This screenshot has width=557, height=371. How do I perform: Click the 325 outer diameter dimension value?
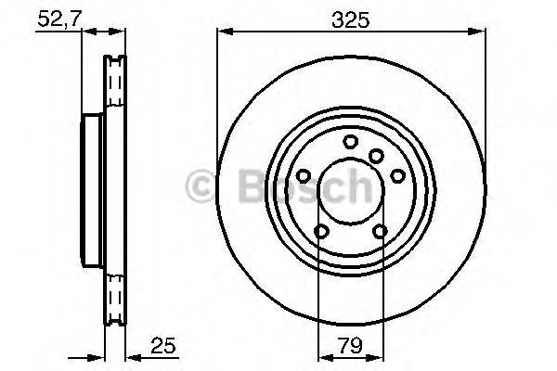(x=351, y=19)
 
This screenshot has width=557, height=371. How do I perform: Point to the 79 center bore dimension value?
(x=351, y=351)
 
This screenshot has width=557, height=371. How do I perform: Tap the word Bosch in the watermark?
(x=289, y=187)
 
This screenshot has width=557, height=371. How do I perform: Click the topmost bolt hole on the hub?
(x=350, y=142)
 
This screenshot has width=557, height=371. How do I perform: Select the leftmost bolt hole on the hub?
(x=304, y=176)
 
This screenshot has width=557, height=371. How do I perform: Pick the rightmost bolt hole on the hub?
(x=396, y=176)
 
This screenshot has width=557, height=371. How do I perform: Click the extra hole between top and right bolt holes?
(x=376, y=155)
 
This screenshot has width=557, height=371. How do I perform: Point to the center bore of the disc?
(x=351, y=195)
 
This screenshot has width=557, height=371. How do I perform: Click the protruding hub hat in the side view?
(x=91, y=195)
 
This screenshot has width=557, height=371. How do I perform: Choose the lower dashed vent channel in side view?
(x=115, y=301)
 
